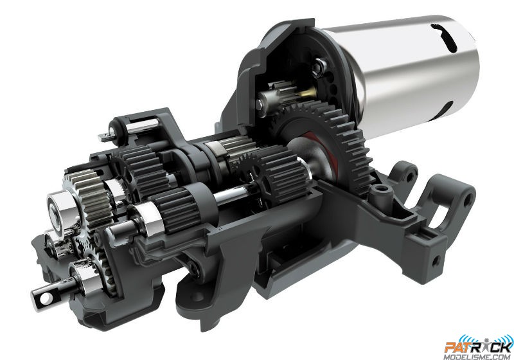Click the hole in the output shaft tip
[46, 298]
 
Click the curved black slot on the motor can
[444, 37]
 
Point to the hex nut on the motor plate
[319, 67]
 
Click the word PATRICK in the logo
[479, 347]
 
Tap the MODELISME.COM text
[477, 356]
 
